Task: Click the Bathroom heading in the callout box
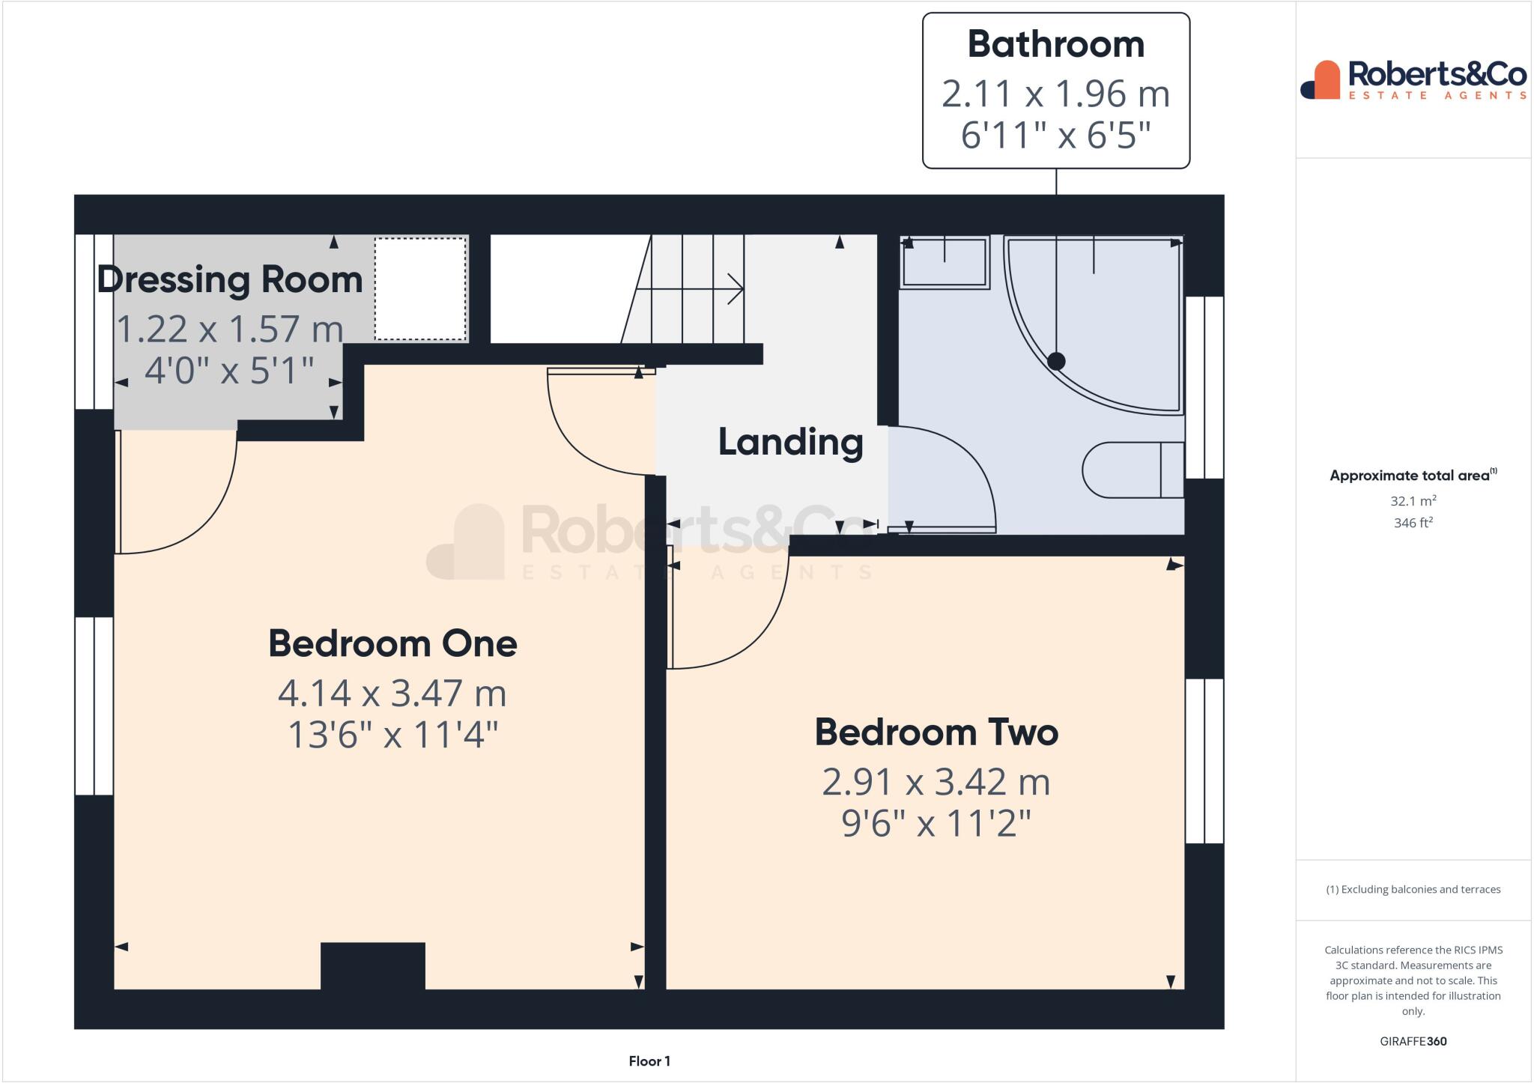coord(1055,44)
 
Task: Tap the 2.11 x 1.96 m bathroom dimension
coord(1055,94)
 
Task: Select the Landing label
coord(790,442)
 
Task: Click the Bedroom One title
coord(392,644)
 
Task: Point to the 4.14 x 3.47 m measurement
coord(392,694)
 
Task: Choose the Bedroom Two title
coord(936,732)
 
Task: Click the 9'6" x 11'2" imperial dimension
coord(936,824)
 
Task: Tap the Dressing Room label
coord(230,279)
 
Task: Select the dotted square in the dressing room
coord(420,288)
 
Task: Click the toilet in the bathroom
coord(1131,470)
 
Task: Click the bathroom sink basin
coord(945,262)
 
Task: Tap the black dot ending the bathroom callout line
coord(1056,362)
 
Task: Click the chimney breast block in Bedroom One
coord(373,965)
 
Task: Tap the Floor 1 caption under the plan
coord(649,1061)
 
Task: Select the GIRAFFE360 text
coord(1413,1041)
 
